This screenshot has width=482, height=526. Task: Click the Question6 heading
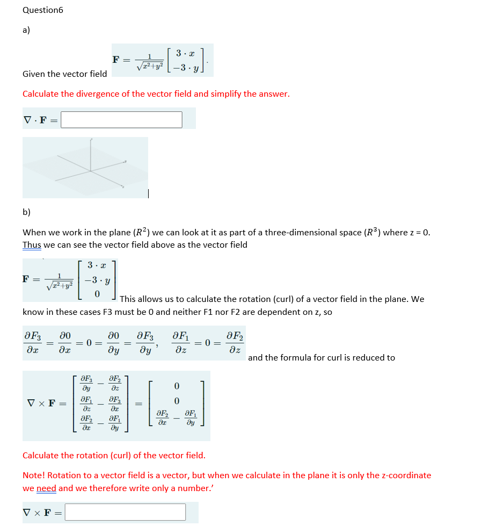tap(43, 10)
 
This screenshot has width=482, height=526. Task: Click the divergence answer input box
tap(121, 119)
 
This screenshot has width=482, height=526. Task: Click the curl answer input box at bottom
tap(125, 512)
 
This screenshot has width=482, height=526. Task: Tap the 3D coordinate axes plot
tap(85, 167)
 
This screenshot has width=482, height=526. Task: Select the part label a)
tap(26, 30)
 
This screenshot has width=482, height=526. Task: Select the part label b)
tap(26, 212)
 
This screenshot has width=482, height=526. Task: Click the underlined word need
tap(46, 488)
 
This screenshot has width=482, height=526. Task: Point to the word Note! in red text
tap(34, 475)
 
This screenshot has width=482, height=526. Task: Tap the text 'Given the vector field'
tap(64, 74)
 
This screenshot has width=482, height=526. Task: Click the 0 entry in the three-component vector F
tap(97, 294)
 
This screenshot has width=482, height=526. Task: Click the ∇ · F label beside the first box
tap(40, 119)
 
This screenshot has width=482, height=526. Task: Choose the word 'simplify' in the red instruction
tap(225, 94)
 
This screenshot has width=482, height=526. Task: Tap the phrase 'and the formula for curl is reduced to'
tap(321, 357)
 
